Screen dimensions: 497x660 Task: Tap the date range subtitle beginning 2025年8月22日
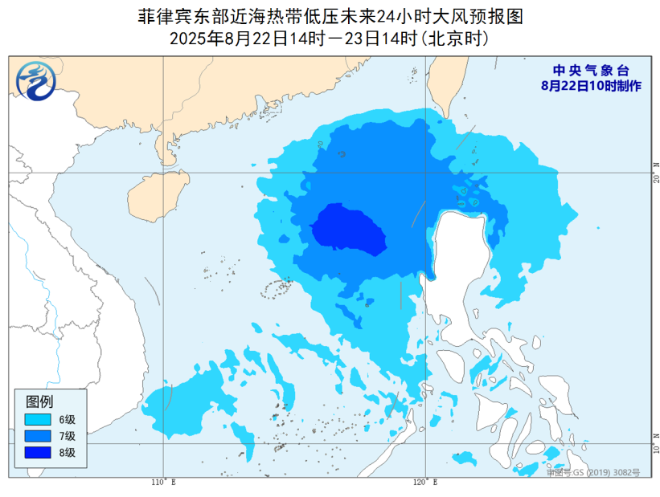[330, 37]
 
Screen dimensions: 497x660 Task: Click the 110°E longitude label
[163, 483]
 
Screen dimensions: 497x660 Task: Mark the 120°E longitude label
[425, 483]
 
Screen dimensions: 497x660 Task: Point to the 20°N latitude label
[656, 171]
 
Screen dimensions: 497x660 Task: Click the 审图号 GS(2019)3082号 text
[593, 473]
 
